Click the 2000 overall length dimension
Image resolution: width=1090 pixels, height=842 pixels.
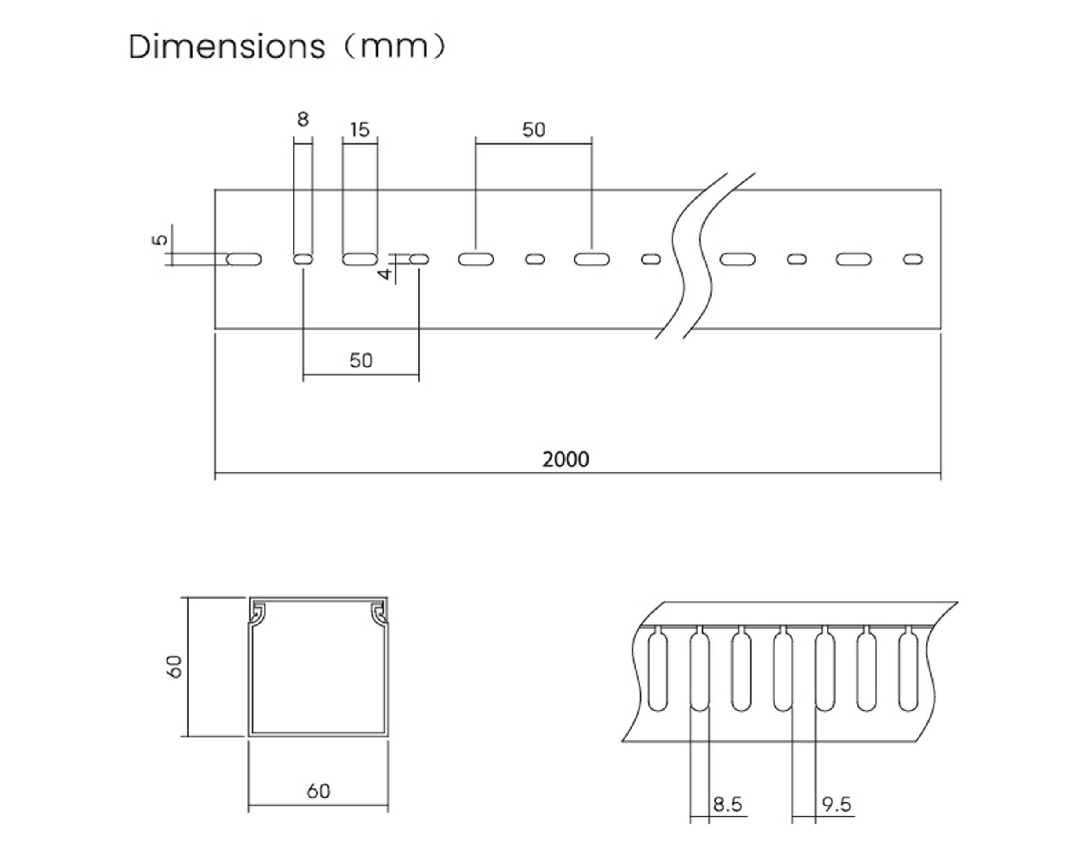click(566, 459)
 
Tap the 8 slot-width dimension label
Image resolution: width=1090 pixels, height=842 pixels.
click(302, 119)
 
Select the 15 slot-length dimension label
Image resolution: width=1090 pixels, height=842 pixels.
click(360, 130)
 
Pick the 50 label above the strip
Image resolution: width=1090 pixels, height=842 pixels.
click(534, 130)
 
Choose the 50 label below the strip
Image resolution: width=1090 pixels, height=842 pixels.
click(360, 360)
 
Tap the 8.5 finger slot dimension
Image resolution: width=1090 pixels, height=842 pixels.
click(727, 804)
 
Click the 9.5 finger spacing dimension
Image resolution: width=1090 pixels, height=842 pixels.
click(836, 804)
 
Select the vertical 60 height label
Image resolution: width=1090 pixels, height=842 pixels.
click(174, 666)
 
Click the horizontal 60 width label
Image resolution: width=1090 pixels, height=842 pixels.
click(318, 791)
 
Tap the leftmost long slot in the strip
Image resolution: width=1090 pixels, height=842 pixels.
click(244, 259)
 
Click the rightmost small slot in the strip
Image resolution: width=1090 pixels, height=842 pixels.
click(913, 259)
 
